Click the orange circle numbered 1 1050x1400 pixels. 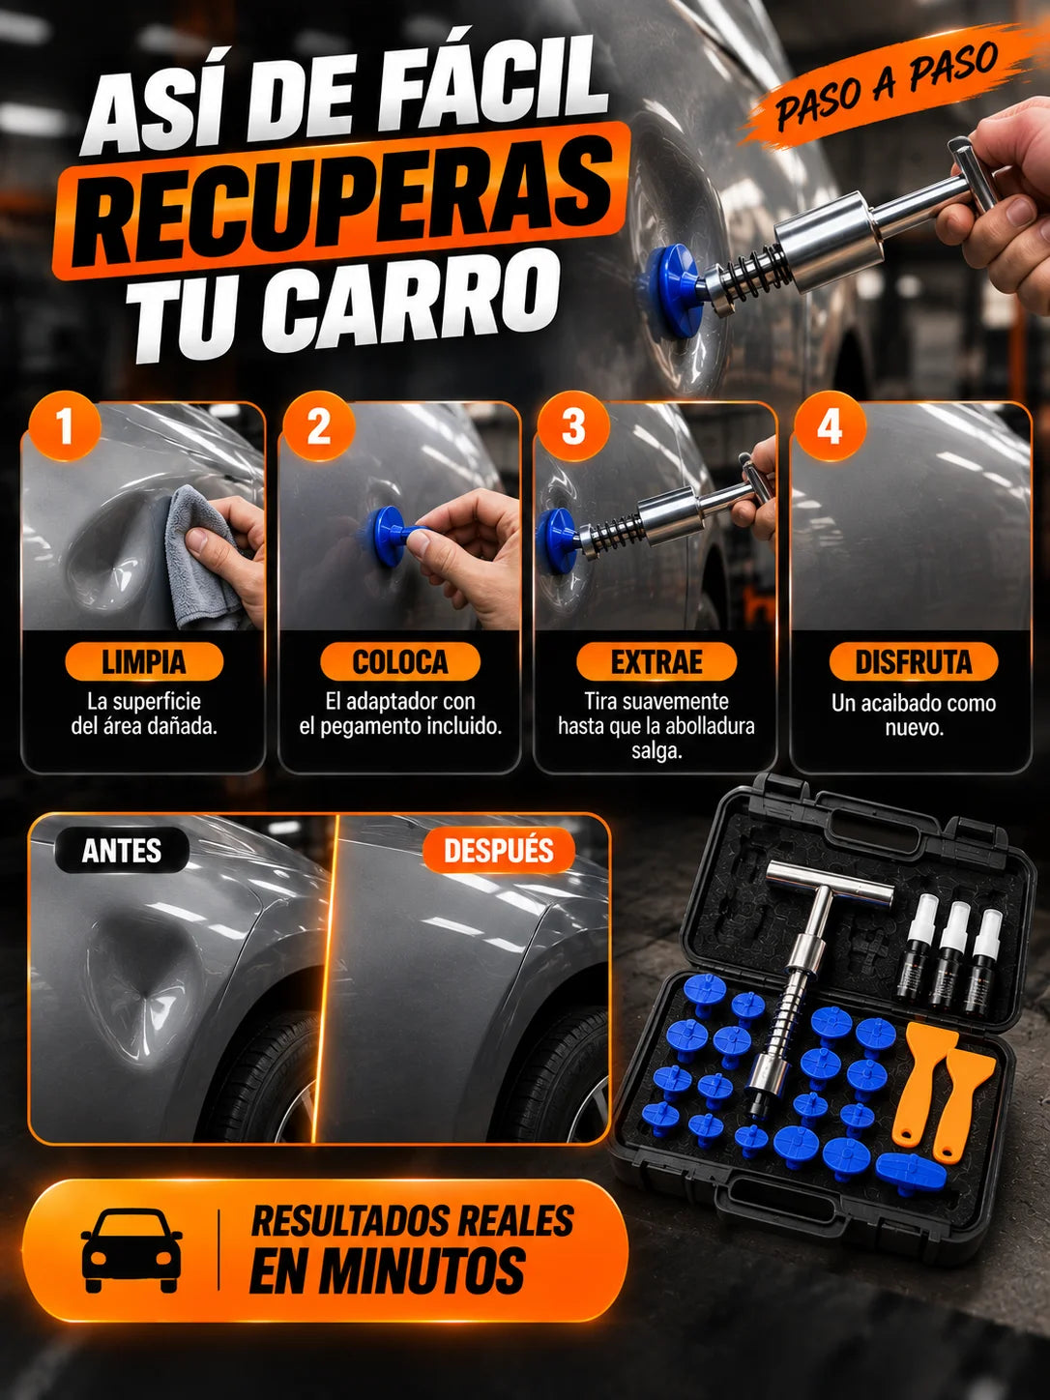click(x=65, y=426)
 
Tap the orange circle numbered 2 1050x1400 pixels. click(x=319, y=426)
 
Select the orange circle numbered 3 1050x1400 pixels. click(x=573, y=426)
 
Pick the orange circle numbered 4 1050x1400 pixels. click(x=829, y=426)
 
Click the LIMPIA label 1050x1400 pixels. click(x=144, y=662)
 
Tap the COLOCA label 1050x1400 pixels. click(x=400, y=662)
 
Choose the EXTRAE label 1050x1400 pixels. click(x=656, y=662)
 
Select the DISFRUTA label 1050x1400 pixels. click(x=913, y=662)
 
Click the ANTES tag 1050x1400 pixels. click(x=122, y=850)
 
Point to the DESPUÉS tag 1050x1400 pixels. click(x=499, y=850)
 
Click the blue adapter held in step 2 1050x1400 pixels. click(x=391, y=537)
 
